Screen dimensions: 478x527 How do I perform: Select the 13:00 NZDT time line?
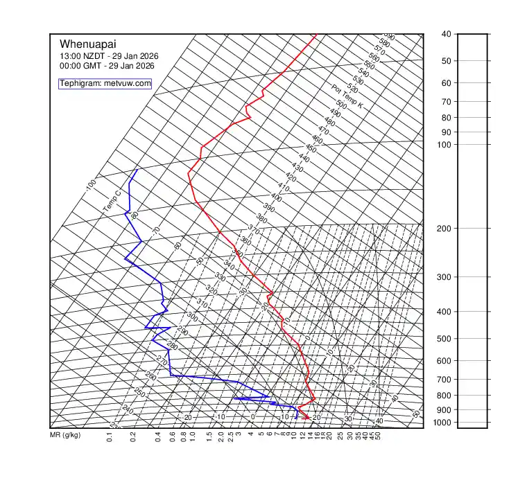107,56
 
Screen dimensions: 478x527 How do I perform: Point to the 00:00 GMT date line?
107,66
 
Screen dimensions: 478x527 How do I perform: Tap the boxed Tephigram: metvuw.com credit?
105,83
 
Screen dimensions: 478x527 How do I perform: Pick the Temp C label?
112,201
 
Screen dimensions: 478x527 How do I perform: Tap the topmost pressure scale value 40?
446,34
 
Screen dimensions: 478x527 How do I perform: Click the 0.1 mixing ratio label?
110,437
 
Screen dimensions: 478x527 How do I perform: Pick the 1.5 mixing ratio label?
209,437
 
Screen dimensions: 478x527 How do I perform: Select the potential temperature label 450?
311,149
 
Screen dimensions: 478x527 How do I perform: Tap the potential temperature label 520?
352,89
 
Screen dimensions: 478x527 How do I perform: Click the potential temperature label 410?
283,187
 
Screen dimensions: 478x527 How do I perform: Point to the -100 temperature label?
90,185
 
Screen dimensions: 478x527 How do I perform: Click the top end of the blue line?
137,169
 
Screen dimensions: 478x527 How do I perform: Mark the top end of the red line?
316,34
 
